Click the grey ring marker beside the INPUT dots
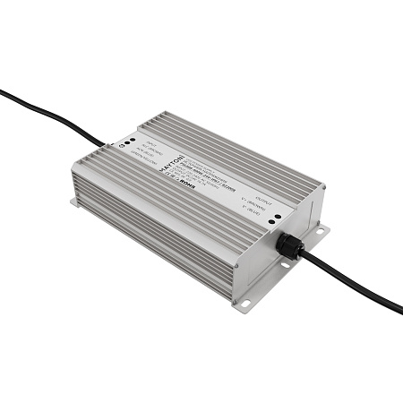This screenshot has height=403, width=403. click(121, 143)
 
